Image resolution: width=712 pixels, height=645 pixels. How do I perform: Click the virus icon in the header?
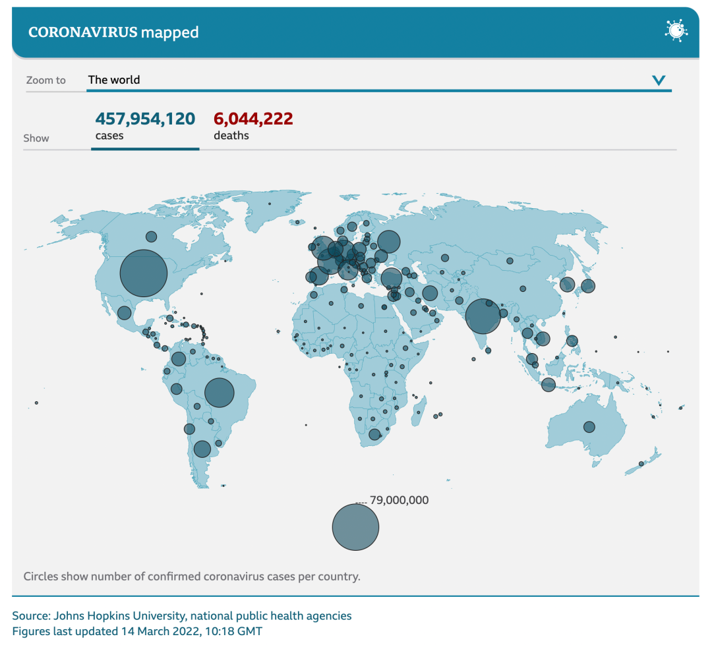[676, 31]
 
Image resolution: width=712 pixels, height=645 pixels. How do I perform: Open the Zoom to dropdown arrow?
[659, 80]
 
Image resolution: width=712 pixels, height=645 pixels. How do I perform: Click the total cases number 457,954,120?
[145, 119]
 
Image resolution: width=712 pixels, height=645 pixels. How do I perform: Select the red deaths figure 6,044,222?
[253, 119]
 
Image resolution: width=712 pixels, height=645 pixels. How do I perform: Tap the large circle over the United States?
[144, 273]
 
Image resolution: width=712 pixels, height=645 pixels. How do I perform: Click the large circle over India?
[483, 316]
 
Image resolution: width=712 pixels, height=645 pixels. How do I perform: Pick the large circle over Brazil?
[220, 393]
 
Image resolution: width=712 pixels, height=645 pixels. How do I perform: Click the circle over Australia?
[589, 427]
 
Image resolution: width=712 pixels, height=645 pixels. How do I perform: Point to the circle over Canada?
[151, 237]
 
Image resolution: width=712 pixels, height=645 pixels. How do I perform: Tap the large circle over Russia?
[389, 242]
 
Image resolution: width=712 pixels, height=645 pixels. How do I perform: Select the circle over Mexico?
[124, 313]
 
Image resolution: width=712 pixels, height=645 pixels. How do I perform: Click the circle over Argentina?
[202, 449]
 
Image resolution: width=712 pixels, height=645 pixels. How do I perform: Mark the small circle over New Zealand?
[641, 464]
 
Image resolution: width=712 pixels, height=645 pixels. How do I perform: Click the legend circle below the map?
[355, 527]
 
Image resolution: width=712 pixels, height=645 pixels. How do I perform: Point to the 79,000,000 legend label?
[399, 500]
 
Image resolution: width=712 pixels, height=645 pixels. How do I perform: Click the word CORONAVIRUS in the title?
[82, 32]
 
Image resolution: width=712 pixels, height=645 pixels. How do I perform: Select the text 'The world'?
[114, 80]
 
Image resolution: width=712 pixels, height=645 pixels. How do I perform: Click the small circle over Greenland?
[269, 204]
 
